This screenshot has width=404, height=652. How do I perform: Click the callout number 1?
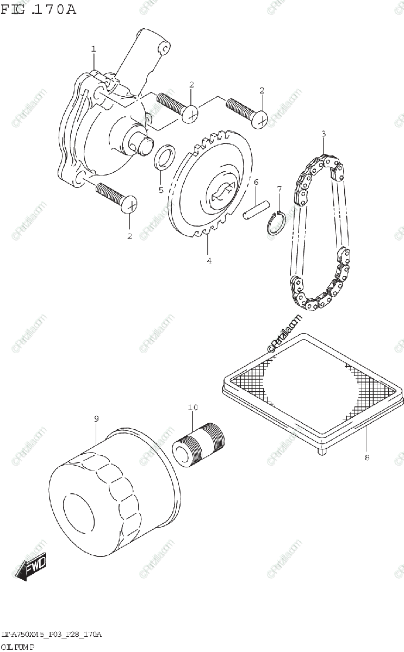(94, 49)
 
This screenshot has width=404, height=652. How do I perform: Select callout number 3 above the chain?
(323, 134)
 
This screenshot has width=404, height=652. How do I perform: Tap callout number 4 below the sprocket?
(209, 261)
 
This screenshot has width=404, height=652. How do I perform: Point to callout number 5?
(160, 190)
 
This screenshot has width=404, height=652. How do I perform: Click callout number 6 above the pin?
(256, 182)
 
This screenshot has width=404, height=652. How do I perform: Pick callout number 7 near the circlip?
(279, 189)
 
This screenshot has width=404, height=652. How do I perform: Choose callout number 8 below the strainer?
(366, 457)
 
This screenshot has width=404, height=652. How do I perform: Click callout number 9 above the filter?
(96, 418)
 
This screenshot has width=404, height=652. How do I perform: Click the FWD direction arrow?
(31, 566)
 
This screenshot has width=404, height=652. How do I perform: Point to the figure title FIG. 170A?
(38, 9)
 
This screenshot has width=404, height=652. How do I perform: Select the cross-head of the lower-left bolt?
(130, 205)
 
